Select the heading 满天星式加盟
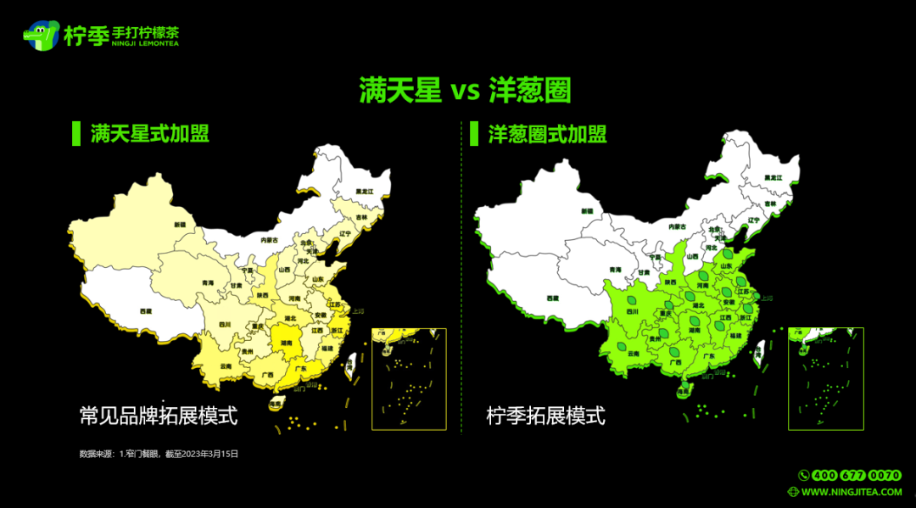point(149,134)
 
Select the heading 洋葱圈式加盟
point(547,134)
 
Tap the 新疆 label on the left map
point(179,225)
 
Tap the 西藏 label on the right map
point(553,298)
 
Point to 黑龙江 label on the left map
point(365,192)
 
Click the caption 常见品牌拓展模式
point(158,416)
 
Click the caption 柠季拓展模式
point(545,416)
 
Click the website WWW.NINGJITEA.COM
point(851,492)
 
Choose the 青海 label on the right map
point(616,270)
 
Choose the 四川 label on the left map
point(226,324)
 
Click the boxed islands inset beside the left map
point(409,378)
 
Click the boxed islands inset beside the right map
point(825,378)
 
